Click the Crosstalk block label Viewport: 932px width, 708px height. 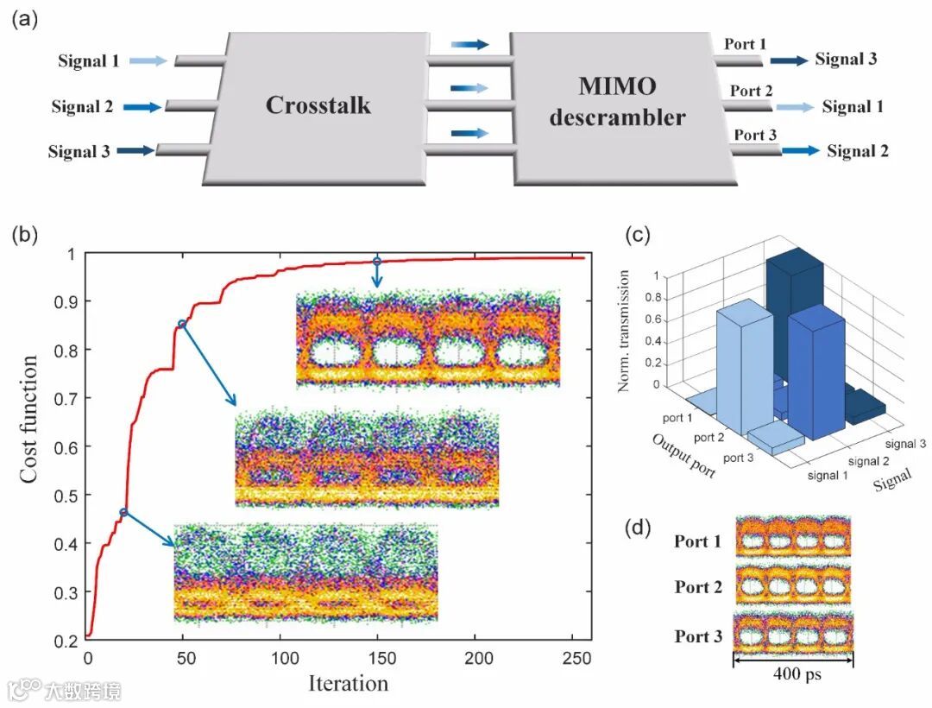318,105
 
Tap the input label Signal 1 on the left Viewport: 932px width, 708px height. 89,61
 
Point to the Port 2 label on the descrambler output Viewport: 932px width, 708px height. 751,90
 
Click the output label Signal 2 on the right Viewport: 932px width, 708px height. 858,151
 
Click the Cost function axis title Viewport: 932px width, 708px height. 28,419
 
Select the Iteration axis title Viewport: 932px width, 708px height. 348,683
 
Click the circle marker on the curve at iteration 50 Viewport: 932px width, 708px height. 182,324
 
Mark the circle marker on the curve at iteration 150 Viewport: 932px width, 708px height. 376,261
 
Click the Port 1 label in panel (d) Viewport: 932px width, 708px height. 697,542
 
